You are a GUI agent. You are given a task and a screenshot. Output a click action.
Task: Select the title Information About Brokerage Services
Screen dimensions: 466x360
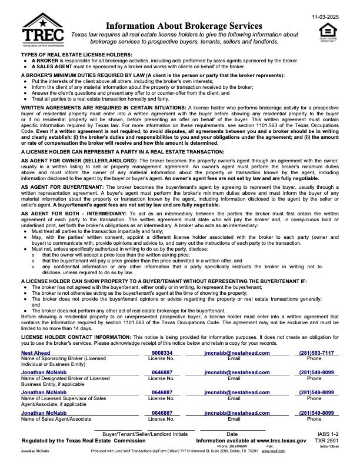184,26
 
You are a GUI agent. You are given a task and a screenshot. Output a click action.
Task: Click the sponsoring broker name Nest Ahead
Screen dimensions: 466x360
35,352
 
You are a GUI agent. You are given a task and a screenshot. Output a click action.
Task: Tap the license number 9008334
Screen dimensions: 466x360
162,352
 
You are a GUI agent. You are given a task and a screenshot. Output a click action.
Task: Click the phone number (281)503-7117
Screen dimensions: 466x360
316,352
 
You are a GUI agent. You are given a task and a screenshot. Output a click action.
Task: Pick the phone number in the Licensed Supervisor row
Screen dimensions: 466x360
316,392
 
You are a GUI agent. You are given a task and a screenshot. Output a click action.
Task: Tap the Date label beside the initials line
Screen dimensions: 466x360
231,434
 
